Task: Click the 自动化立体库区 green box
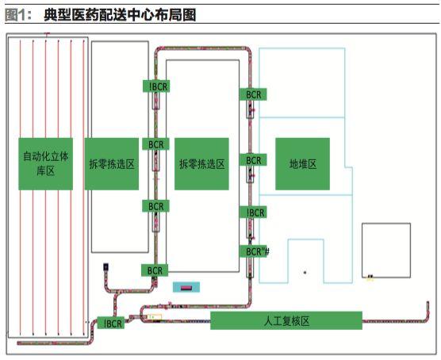click(x=45, y=163)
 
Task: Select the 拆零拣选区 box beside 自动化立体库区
click(x=112, y=163)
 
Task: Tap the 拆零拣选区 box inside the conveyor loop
click(x=201, y=163)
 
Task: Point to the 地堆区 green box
click(x=303, y=163)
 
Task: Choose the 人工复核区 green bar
click(x=286, y=320)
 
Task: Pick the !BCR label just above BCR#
click(x=253, y=213)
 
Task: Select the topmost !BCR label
click(x=156, y=86)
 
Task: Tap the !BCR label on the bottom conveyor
click(x=111, y=323)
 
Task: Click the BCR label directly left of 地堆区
click(x=253, y=159)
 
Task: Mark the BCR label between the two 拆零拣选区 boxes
click(x=155, y=144)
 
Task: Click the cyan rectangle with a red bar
click(x=186, y=287)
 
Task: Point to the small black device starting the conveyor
click(x=105, y=266)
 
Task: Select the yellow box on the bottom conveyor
click(x=155, y=317)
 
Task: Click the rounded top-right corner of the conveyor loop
click(x=247, y=52)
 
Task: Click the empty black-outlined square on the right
click(x=386, y=251)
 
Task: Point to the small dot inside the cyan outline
click(x=305, y=272)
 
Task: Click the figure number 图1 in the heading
click(x=17, y=15)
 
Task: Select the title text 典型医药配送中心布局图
click(x=120, y=15)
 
